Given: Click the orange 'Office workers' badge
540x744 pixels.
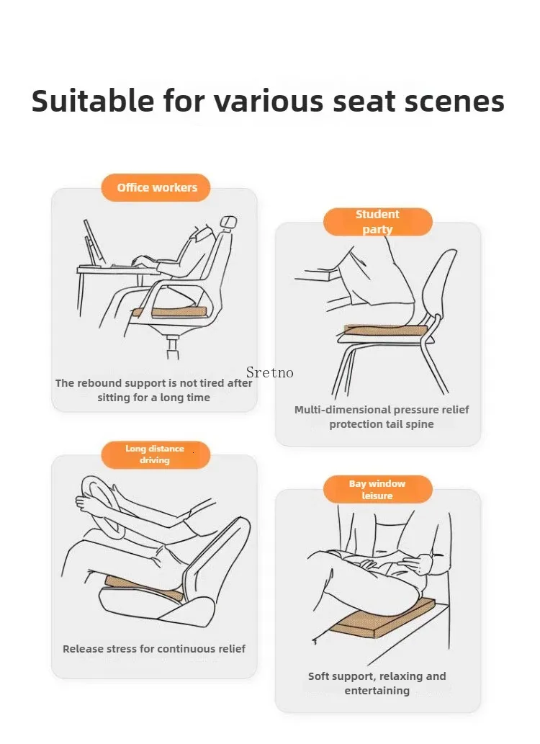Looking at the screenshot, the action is (x=156, y=187).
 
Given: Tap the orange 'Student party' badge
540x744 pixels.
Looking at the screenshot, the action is (x=378, y=222).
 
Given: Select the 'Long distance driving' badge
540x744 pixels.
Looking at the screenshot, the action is (x=156, y=454).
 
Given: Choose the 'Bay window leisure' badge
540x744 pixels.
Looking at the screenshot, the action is (x=378, y=489).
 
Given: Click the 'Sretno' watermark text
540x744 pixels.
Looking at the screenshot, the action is (x=269, y=373).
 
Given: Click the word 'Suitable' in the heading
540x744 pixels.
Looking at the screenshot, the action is (x=93, y=101).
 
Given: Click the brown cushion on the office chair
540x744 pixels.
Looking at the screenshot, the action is (x=171, y=312).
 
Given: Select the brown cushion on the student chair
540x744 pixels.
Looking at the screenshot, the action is (x=385, y=331).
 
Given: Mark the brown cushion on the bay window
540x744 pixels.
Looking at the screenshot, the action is (x=382, y=617).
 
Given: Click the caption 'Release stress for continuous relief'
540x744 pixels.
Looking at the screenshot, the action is (x=154, y=649).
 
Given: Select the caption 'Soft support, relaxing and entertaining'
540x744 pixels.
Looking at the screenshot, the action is (x=377, y=684).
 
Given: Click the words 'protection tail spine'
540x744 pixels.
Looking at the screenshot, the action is (x=382, y=424).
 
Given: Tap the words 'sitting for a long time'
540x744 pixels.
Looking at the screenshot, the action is (x=154, y=398).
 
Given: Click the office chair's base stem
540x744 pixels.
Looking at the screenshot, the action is (x=173, y=346).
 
